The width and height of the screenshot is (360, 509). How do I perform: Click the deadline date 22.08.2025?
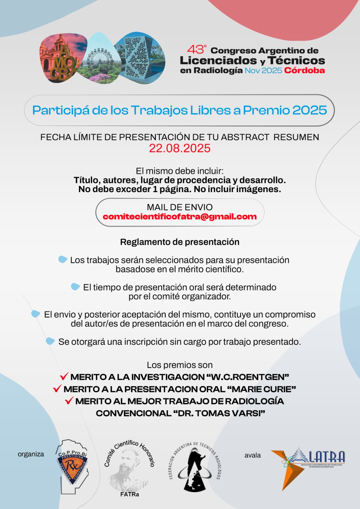(x=180, y=148)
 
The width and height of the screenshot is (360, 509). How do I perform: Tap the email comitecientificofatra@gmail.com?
(x=180, y=217)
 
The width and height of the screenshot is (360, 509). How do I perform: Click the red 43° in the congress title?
(x=196, y=50)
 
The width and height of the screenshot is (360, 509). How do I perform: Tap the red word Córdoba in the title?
(x=304, y=71)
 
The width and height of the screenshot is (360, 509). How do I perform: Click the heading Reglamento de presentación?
(x=180, y=242)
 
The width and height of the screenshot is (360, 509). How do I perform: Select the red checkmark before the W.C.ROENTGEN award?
(x=64, y=376)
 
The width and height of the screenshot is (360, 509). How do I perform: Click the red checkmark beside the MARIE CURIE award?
(x=57, y=388)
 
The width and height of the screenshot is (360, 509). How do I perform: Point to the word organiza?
(x=31, y=454)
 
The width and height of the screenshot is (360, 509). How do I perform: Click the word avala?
(x=252, y=455)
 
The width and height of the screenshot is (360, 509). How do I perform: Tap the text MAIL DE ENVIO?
(x=180, y=207)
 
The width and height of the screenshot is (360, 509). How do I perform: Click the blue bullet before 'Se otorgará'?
(x=50, y=341)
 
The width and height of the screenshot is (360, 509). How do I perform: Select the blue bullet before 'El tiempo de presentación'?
(x=75, y=287)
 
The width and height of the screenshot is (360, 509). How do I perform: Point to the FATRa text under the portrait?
(x=130, y=494)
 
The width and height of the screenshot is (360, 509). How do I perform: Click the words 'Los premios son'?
(x=180, y=365)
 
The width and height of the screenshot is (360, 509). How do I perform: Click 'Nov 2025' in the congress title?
(x=263, y=71)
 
